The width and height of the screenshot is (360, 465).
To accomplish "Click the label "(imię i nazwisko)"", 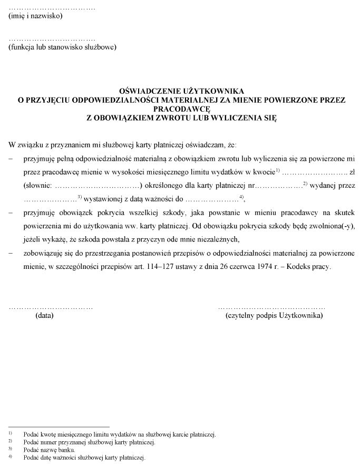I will tap(35, 16).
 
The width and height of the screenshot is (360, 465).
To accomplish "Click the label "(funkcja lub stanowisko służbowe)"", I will tap(62, 47).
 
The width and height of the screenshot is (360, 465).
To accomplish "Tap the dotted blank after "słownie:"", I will tap(98, 186).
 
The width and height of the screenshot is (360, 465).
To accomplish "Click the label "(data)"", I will tap(44, 316).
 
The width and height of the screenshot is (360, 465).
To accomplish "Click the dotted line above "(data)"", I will tap(51, 306).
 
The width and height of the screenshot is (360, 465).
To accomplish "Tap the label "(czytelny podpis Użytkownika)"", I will tap(274, 316).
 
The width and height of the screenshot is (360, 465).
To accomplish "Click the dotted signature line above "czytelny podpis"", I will tap(271, 306).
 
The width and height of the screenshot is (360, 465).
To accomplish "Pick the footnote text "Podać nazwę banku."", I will tap(49, 450).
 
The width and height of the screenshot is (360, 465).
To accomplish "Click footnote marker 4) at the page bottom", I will tap(11, 457).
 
